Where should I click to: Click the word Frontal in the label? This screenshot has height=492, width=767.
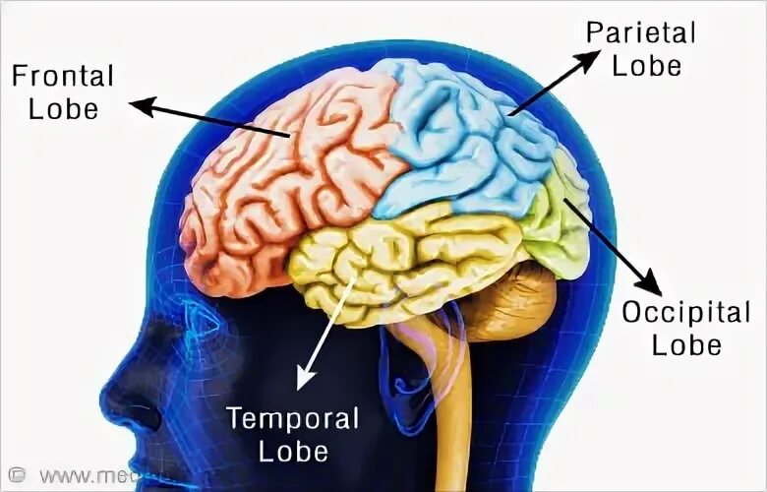(x=63, y=76)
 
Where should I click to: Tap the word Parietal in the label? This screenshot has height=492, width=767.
(x=640, y=32)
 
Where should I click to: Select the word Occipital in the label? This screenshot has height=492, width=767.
(x=686, y=314)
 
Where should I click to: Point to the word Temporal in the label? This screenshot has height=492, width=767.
(x=293, y=418)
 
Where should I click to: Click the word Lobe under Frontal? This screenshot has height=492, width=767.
(x=63, y=107)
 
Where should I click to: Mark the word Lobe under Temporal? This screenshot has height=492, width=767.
(x=293, y=451)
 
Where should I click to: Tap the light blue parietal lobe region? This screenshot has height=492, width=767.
(x=462, y=138)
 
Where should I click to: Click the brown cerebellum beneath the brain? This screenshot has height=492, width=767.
(x=511, y=305)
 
